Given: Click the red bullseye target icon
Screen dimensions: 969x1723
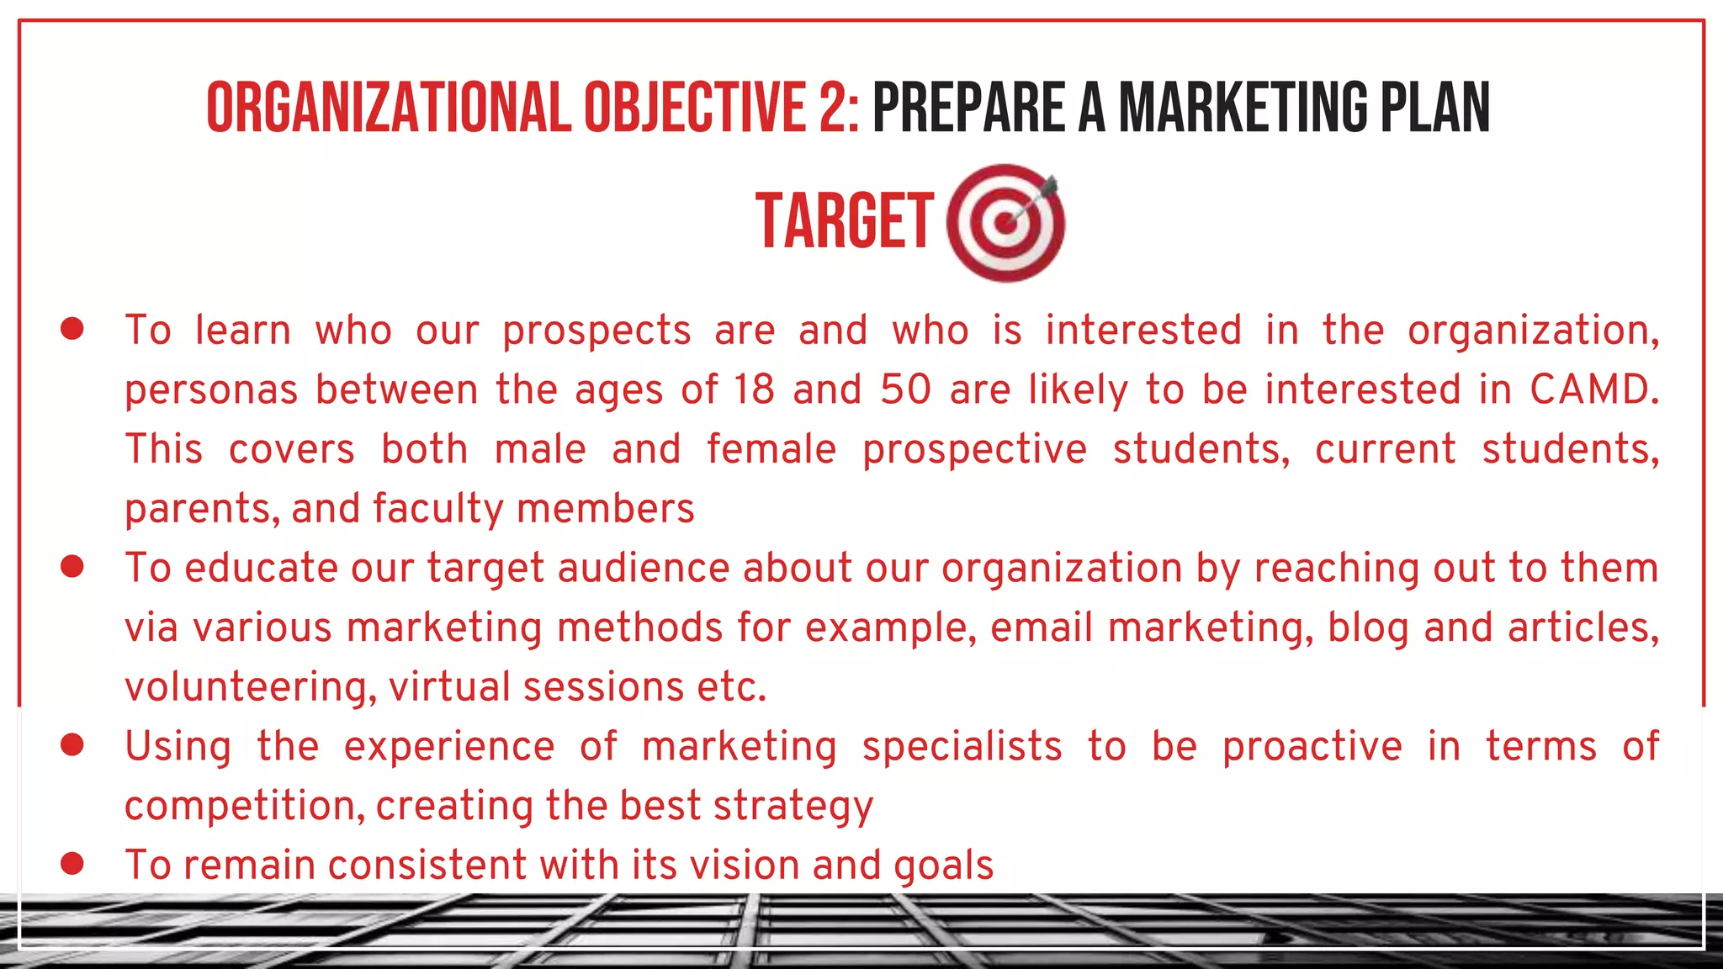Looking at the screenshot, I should (x=1005, y=223).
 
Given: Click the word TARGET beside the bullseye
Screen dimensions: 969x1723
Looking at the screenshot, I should (x=845, y=221).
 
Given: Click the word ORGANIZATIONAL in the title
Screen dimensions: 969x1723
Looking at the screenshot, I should (x=389, y=108).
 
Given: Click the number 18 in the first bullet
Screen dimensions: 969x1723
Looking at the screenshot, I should (x=753, y=389).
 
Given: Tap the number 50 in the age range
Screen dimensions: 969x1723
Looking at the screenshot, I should (x=906, y=389).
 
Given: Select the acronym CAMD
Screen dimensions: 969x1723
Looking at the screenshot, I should (x=1593, y=389).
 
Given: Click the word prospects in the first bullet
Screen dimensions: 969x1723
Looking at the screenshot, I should (x=596, y=331).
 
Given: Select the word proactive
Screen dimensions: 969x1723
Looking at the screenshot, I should (x=1312, y=747).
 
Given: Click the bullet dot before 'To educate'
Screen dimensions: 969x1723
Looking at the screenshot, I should (x=72, y=567).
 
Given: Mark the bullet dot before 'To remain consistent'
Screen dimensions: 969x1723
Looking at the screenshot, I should (x=72, y=864).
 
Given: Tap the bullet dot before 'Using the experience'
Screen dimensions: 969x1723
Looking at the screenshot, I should (x=72, y=745).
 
